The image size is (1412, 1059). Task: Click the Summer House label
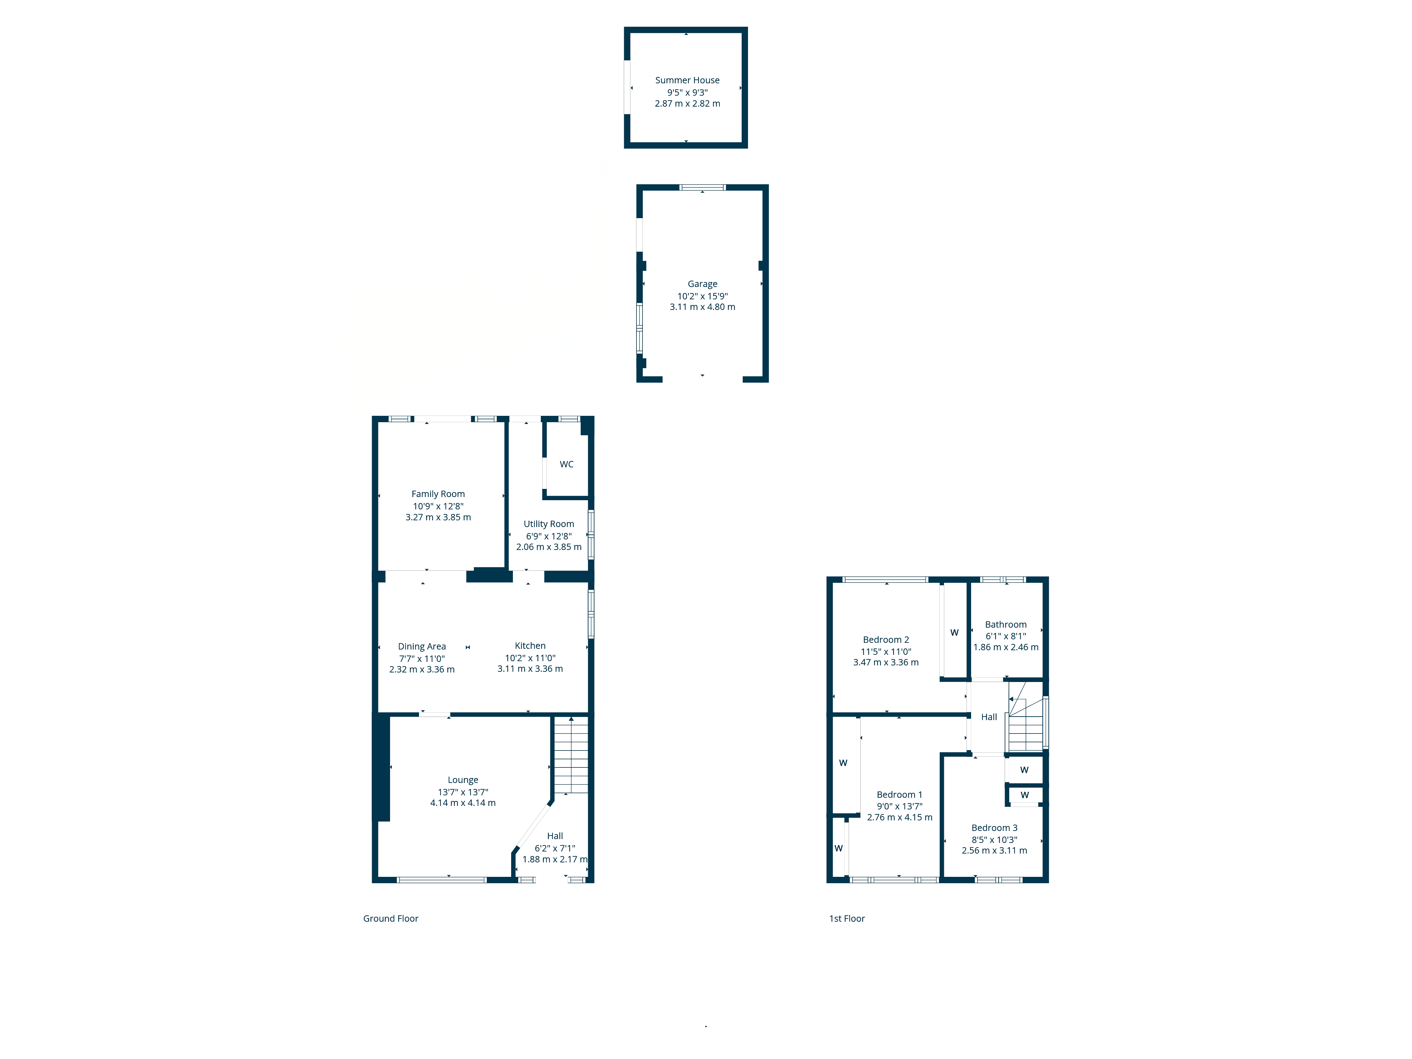(687, 80)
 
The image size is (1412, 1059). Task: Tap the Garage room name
(702, 284)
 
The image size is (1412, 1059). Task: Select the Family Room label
(438, 494)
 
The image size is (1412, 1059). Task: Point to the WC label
(566, 464)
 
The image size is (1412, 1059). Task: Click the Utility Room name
(548, 524)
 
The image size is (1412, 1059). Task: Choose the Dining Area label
(422, 647)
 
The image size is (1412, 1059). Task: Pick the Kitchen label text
(530, 646)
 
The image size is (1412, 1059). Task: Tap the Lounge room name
(463, 780)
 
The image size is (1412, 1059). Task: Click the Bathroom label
(1005, 624)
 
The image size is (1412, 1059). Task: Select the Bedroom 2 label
(886, 640)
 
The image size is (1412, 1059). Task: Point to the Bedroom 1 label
(899, 795)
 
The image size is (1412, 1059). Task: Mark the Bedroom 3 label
(994, 828)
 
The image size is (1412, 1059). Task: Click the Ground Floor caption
(391, 919)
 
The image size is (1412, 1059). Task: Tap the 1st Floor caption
(846, 919)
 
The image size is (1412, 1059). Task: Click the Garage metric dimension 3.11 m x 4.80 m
(702, 307)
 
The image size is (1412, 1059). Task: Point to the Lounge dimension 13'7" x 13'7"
(463, 792)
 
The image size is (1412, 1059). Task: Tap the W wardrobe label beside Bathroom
(954, 633)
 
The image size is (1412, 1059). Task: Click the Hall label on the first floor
(989, 717)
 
